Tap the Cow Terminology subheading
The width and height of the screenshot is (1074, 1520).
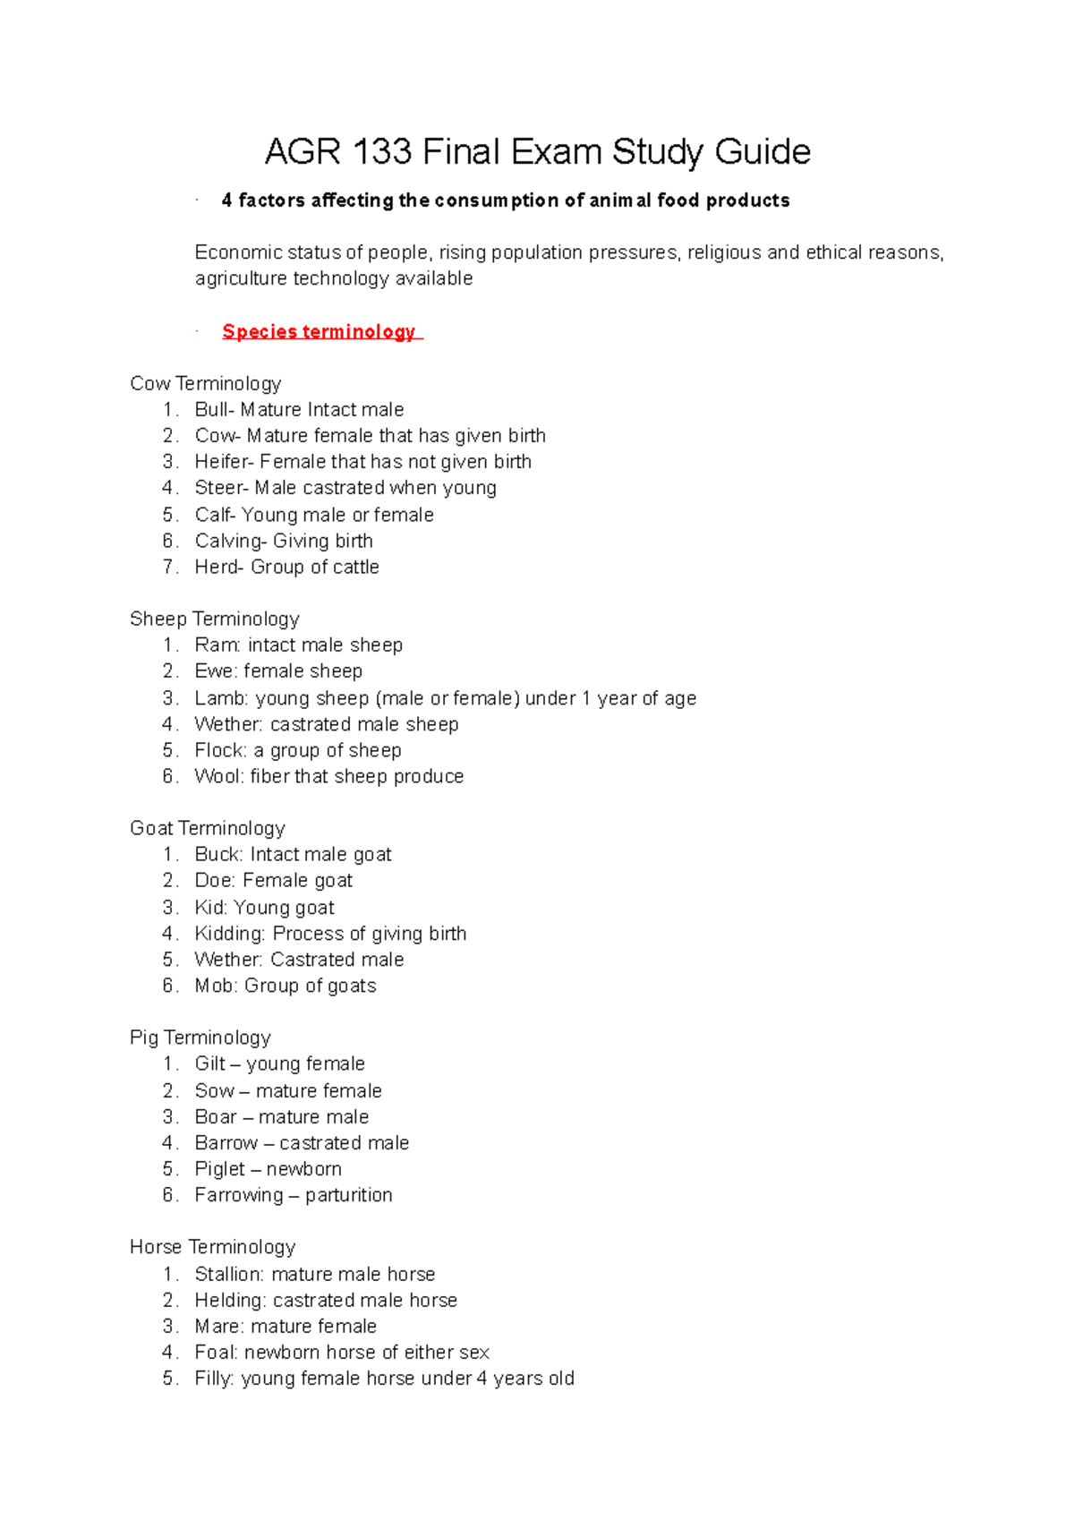[205, 383]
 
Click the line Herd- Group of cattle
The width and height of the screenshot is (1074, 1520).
[286, 567]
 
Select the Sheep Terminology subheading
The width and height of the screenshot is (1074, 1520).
[214, 619]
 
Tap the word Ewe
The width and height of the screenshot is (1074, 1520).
[214, 671]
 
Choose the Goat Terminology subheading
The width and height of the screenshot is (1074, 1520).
[207, 828]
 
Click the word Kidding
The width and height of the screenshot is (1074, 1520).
[229, 934]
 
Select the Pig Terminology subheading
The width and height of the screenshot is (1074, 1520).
[200, 1038]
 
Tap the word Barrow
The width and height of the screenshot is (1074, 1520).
[226, 1143]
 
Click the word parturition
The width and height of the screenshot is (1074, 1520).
[348, 1195]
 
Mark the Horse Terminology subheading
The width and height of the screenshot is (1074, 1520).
[212, 1247]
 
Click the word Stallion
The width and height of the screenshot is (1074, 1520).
[229, 1274]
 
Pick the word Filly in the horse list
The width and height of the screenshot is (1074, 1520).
[214, 1379]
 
